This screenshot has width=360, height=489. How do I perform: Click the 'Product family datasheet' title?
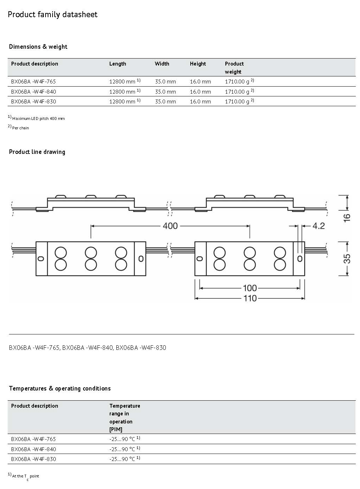tap(52, 15)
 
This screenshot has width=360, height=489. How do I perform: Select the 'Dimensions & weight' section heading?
tap(38, 47)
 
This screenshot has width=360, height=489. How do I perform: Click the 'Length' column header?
tap(118, 64)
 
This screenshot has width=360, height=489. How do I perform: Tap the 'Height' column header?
tap(198, 64)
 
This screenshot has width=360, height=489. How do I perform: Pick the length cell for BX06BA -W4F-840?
tap(125, 91)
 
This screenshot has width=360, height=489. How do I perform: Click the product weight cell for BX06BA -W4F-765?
tap(239, 81)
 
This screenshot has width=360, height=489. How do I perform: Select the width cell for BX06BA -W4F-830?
tap(165, 102)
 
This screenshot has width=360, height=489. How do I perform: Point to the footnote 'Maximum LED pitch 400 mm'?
tap(36, 118)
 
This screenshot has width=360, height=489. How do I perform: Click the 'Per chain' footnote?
tap(18, 128)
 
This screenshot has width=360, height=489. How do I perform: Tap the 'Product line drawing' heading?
tap(37, 152)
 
